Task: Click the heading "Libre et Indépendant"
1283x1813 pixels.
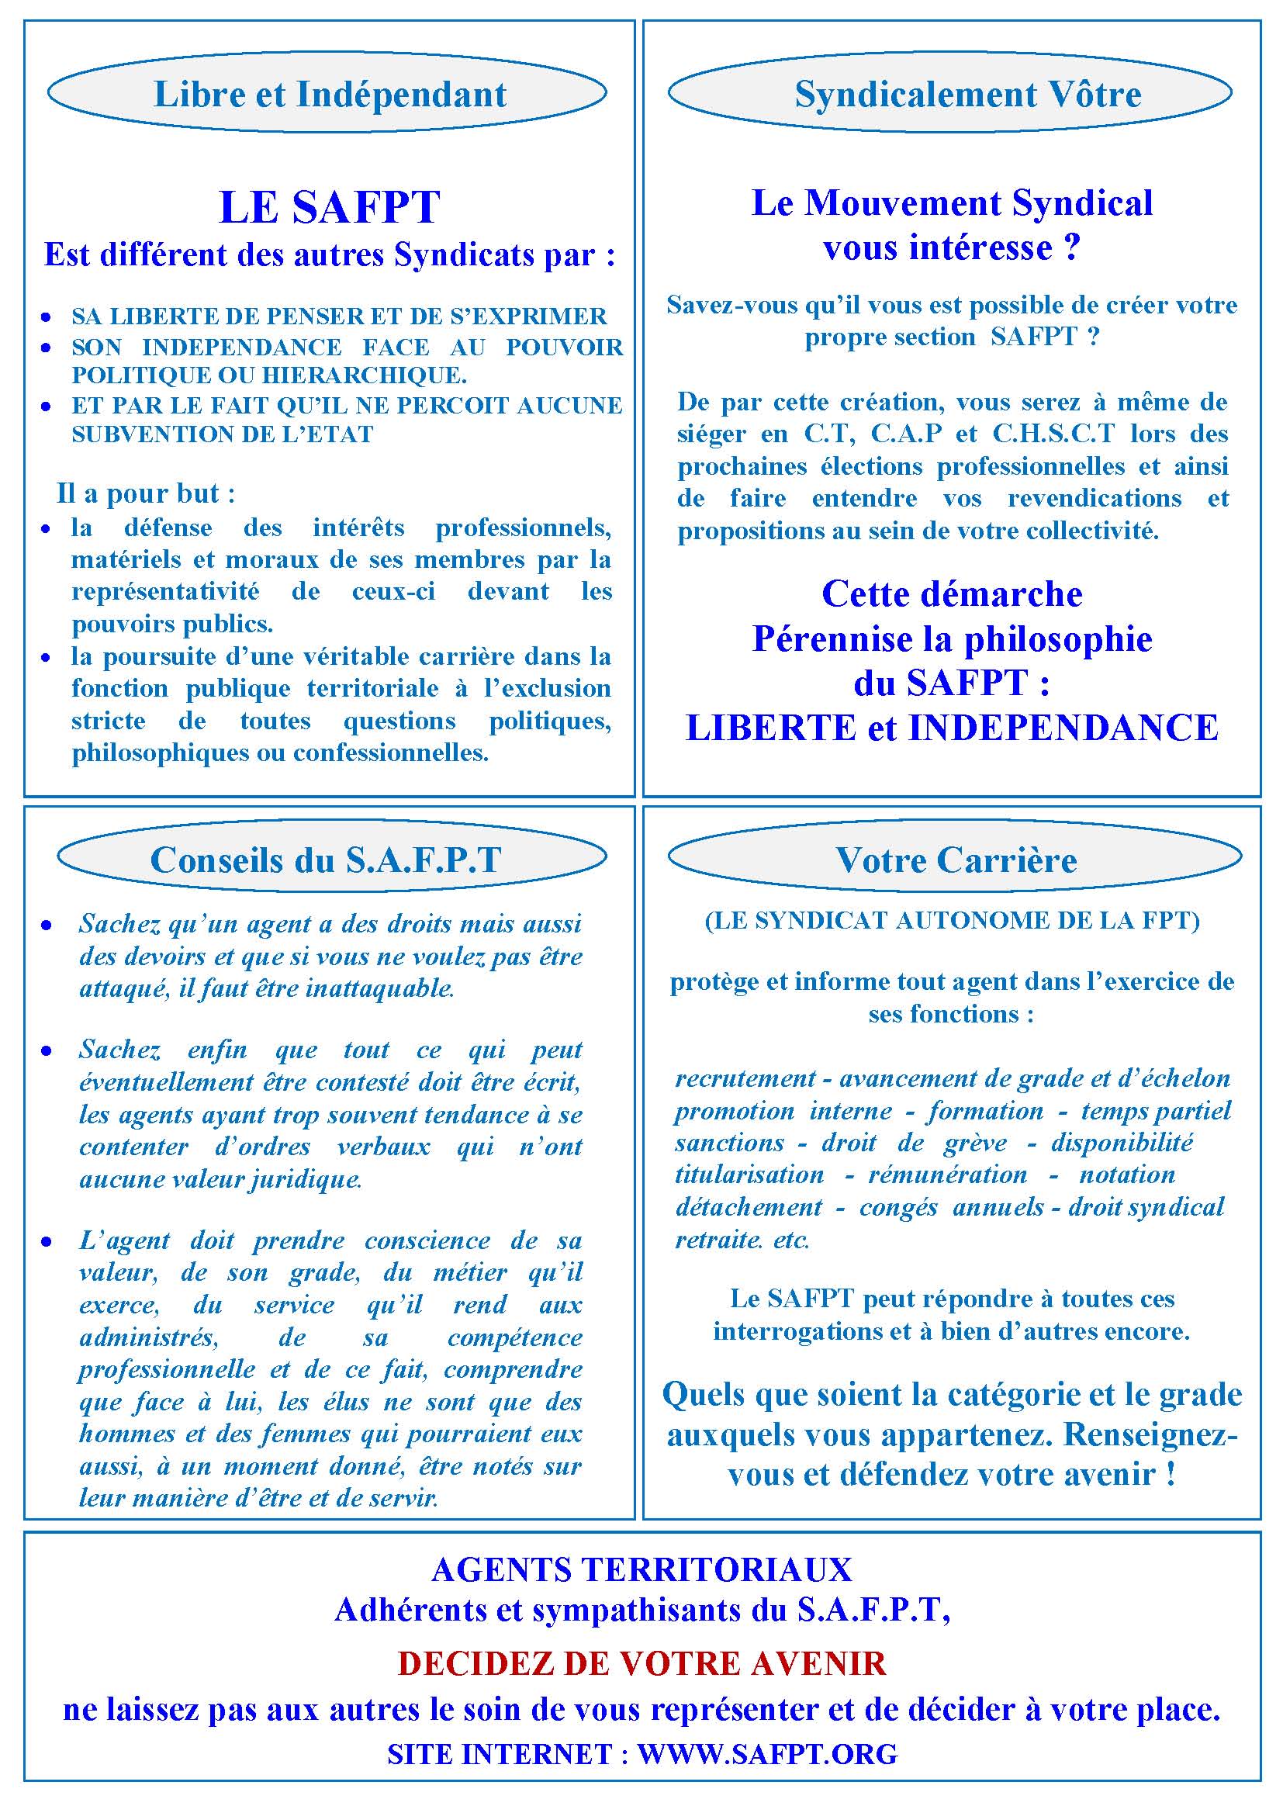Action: pos(329,94)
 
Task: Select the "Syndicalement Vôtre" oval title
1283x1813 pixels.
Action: pos(968,94)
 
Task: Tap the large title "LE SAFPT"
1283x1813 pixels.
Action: pos(329,207)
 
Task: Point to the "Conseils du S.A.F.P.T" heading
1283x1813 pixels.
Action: pos(326,860)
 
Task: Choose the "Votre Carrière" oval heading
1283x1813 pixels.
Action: pos(956,860)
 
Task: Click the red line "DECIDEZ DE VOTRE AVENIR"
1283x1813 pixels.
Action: pos(641,1663)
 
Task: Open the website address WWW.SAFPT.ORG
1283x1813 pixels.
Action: pos(767,1755)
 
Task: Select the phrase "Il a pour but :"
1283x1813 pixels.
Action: pos(146,493)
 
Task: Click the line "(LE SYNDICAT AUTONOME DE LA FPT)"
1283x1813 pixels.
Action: pos(952,920)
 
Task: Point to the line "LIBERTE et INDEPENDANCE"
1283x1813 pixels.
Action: pos(952,728)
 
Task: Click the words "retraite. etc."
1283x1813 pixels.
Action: pos(742,1240)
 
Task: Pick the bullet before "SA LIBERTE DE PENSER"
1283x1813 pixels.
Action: pos(47,317)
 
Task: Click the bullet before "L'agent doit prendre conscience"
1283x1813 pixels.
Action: pos(47,1242)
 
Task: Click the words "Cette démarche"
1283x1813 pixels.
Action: pos(952,594)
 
